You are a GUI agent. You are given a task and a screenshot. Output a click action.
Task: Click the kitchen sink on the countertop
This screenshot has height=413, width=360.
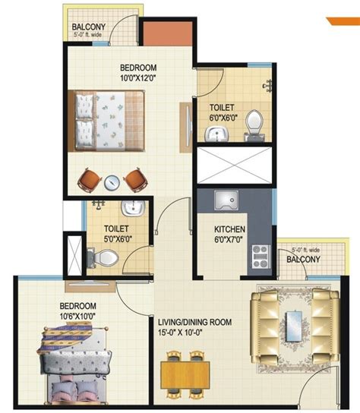(226, 200)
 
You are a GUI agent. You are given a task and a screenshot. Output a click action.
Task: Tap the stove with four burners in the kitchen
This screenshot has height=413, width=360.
(261, 257)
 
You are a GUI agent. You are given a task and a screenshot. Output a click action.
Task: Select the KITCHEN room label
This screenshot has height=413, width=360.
(229, 229)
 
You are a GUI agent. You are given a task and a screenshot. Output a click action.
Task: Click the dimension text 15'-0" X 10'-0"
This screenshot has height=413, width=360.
(180, 333)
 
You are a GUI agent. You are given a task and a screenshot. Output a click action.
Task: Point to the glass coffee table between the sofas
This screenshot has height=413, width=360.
(294, 326)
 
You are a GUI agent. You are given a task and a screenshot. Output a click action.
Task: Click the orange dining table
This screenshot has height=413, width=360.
(185, 375)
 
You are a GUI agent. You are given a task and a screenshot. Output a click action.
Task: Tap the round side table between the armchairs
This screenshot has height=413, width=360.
(112, 182)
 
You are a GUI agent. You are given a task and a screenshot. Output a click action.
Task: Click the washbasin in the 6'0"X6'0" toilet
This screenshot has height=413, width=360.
(217, 134)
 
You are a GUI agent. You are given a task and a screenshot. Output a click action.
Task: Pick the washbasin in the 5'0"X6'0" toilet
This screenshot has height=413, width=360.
(133, 208)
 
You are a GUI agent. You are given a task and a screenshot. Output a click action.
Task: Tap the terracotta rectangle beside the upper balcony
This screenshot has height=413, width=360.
(168, 33)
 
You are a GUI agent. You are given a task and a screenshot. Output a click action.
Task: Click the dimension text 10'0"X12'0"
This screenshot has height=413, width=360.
(138, 78)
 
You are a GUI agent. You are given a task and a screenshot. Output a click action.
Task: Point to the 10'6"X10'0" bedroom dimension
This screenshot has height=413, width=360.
(77, 316)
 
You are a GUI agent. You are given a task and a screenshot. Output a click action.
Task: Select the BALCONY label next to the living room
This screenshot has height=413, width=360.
(303, 260)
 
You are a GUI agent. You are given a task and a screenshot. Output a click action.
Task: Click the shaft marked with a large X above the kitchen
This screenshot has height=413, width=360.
(234, 166)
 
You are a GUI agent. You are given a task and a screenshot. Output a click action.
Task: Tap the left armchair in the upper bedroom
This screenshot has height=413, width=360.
(90, 180)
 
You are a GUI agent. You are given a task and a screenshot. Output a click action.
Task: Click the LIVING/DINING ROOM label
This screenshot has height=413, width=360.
(194, 322)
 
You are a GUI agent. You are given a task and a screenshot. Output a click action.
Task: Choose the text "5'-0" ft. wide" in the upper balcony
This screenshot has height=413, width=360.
(88, 34)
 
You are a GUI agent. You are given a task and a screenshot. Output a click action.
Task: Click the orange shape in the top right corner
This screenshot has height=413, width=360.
(344, 21)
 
